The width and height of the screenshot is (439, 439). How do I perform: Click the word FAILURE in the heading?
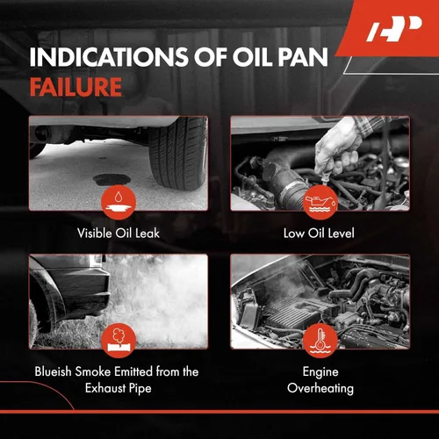pos(76,87)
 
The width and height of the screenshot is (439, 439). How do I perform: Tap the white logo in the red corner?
pos(394,29)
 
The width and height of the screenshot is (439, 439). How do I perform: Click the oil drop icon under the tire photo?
pos(119,202)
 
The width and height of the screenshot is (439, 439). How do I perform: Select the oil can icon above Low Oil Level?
pos(320,202)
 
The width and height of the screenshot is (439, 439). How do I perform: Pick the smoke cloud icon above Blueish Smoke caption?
pos(119,341)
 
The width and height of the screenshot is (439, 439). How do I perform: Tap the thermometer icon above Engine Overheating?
pos(320,341)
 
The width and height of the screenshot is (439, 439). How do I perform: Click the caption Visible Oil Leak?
pos(119,234)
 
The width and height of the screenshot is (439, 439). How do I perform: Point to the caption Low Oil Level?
pos(319,234)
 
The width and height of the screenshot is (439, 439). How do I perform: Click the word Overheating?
pos(320,389)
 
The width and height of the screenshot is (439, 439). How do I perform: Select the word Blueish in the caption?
pos(54,371)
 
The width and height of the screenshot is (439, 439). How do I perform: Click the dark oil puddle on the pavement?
pos(112,180)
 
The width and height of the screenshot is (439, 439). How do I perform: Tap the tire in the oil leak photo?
pos(177,153)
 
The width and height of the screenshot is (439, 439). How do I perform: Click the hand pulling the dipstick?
pos(338,149)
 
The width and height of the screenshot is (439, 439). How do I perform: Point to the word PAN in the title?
pos(303,56)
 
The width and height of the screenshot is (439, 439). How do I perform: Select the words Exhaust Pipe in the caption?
pos(119,389)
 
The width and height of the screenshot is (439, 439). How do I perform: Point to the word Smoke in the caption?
pos(93,371)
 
